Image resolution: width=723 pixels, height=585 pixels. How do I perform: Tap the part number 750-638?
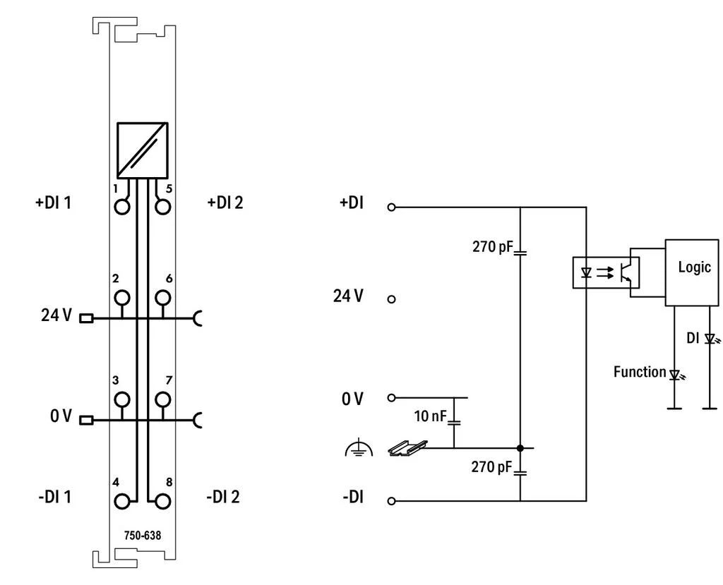pos(143,535)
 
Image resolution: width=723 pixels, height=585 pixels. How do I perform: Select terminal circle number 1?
pos(122,207)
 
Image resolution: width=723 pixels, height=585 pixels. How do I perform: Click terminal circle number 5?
pos(163,207)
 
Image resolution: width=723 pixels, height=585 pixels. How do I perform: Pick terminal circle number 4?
pos(122,501)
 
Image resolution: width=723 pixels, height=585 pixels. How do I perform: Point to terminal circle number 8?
pos(163,501)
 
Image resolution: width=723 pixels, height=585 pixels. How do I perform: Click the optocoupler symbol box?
pos(606,272)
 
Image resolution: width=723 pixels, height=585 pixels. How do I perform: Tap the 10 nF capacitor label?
pos(430,416)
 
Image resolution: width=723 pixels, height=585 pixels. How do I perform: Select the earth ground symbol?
pos(359,449)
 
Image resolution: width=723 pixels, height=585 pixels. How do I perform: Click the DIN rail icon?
pos(407,448)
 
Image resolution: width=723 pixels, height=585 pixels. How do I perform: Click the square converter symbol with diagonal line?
pos(142,150)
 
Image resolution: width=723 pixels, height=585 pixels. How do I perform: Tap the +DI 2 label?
pos(225,203)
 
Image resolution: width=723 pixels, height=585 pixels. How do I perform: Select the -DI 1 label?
pos(55,497)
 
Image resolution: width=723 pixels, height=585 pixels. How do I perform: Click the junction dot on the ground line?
pos(520,447)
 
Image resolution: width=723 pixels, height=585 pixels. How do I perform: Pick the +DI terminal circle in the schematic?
pos(391,207)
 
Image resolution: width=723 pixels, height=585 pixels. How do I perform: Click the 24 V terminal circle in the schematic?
pos(391,299)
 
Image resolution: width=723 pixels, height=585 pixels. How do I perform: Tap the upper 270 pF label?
pos(492,246)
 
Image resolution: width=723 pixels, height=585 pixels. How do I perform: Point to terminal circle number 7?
pos(163,399)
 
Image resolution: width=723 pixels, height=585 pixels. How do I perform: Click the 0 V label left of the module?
pos(61,416)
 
